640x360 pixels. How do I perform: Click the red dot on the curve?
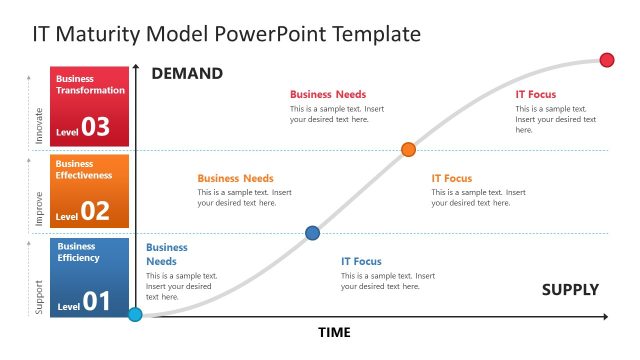pos(607,60)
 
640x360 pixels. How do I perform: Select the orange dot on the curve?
pos(408,150)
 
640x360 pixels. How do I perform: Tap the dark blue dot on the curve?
pos(312,233)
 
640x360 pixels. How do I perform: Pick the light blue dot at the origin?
pos(136,315)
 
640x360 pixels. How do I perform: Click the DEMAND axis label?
pos(187,74)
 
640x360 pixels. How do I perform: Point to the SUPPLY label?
pos(570,290)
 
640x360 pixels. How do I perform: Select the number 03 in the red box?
pos(96,127)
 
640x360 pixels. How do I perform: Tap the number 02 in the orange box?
pos(96,211)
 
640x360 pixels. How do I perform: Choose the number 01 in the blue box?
pos(96,300)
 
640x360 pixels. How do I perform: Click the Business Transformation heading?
pos(90,84)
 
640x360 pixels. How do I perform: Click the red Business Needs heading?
pos(327,94)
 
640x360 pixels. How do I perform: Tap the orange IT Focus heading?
pos(451,178)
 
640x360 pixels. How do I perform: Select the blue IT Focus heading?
pos(361,262)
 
